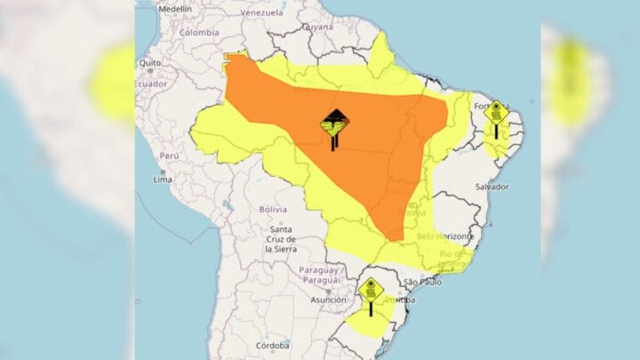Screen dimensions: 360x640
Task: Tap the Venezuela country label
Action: pos(260,14)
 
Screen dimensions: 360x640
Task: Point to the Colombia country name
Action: pos(198,32)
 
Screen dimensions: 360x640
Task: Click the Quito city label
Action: pos(148,63)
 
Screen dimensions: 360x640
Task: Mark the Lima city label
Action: pos(163,179)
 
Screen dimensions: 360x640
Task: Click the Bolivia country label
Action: pos(273,209)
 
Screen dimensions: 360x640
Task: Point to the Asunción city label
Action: pos(328,300)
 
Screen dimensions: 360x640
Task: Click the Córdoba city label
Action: pos(272,345)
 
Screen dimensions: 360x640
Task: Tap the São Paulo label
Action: pos(422,283)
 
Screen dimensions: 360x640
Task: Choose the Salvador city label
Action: pos(492,187)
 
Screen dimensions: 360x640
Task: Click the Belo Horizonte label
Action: pos(441,236)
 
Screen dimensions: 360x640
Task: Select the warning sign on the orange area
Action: pos(334,130)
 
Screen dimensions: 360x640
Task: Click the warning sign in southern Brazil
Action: pos(371,294)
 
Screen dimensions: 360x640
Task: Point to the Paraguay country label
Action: pos(321,274)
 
